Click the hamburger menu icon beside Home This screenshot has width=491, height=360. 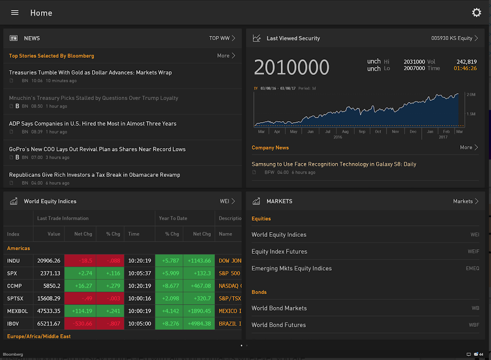point(15,12)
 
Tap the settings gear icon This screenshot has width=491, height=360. point(476,12)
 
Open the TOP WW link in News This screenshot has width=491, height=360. point(222,38)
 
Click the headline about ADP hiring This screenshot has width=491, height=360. point(93,123)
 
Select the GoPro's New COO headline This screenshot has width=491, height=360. point(97,149)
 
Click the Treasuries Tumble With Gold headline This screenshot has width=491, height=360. point(90,72)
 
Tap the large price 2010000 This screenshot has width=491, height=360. point(291,68)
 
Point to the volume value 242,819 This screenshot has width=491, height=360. point(466,61)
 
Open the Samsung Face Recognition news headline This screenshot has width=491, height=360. point(334,164)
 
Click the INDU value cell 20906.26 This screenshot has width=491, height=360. point(49,261)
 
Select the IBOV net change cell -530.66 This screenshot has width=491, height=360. point(80,324)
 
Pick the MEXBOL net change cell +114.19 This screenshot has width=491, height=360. point(80,311)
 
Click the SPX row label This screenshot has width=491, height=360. point(12,273)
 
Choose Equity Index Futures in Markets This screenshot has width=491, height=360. point(279,251)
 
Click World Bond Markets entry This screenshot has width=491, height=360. point(279,308)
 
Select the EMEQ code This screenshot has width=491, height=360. point(472,268)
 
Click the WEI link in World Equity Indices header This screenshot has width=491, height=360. point(227,201)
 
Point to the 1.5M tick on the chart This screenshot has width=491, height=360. point(471,113)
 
